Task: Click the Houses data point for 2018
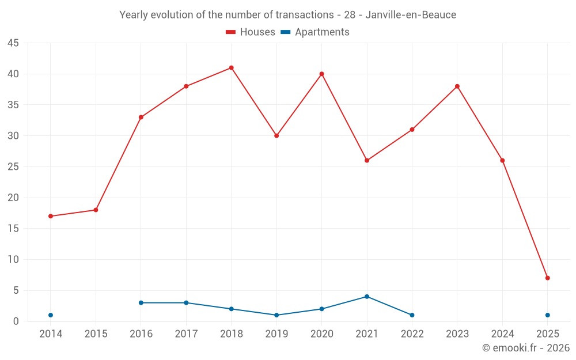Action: coord(231,68)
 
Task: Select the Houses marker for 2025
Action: coord(547,278)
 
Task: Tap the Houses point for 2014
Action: coord(51,216)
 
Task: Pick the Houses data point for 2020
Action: coord(321,74)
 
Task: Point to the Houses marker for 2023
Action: coord(457,86)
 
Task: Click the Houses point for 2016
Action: coord(141,118)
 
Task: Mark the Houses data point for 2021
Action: coord(367,161)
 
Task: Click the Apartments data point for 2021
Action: coord(367,297)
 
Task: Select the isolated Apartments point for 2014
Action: coord(51,315)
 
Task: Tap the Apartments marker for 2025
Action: coord(547,315)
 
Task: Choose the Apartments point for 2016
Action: coord(141,303)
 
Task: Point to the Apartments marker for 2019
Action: coord(276,315)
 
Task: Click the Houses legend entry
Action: coord(251,32)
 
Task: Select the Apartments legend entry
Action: coord(315,32)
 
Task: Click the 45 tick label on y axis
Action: coord(13,43)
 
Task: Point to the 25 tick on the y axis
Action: coord(13,167)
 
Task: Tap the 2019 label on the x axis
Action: coord(276,334)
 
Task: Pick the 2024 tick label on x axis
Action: coord(502,334)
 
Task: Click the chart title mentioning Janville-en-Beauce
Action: coord(287,15)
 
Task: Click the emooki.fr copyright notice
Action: coord(525,348)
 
